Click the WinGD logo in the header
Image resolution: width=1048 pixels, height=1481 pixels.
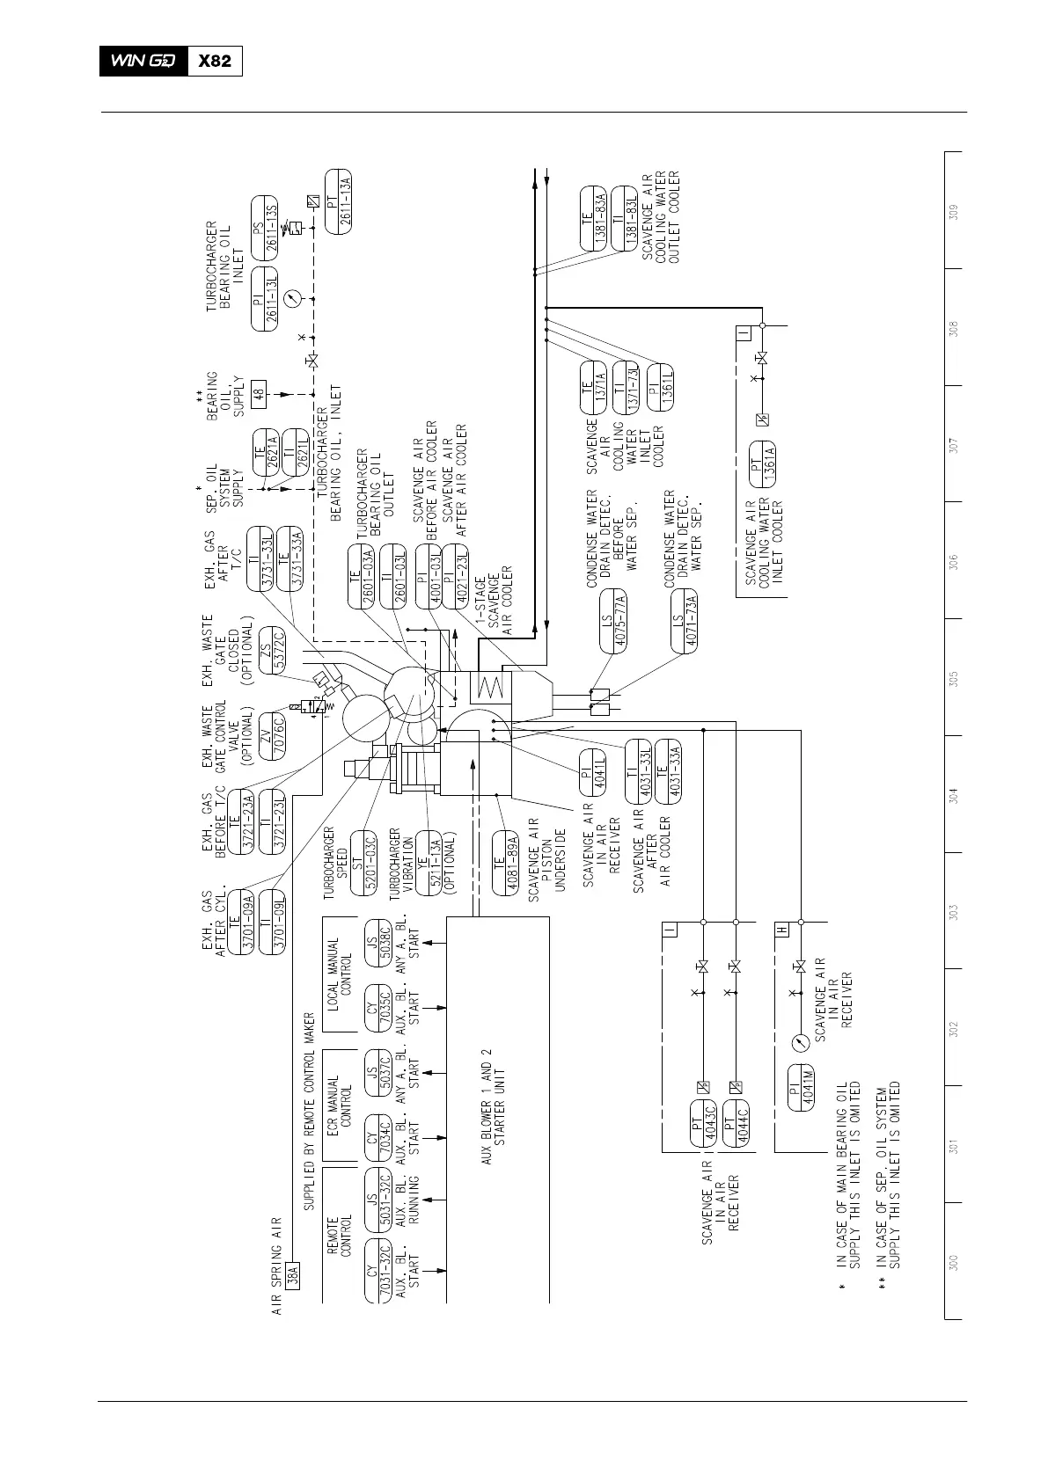[x=143, y=61]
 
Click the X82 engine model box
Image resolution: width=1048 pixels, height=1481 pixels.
[x=215, y=61]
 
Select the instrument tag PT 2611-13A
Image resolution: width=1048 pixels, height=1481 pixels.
[x=338, y=201]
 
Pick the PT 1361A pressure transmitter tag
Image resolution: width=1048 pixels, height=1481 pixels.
[x=762, y=463]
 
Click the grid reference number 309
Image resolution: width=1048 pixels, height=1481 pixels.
[x=953, y=212]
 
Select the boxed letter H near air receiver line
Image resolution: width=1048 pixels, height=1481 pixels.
[x=782, y=930]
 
